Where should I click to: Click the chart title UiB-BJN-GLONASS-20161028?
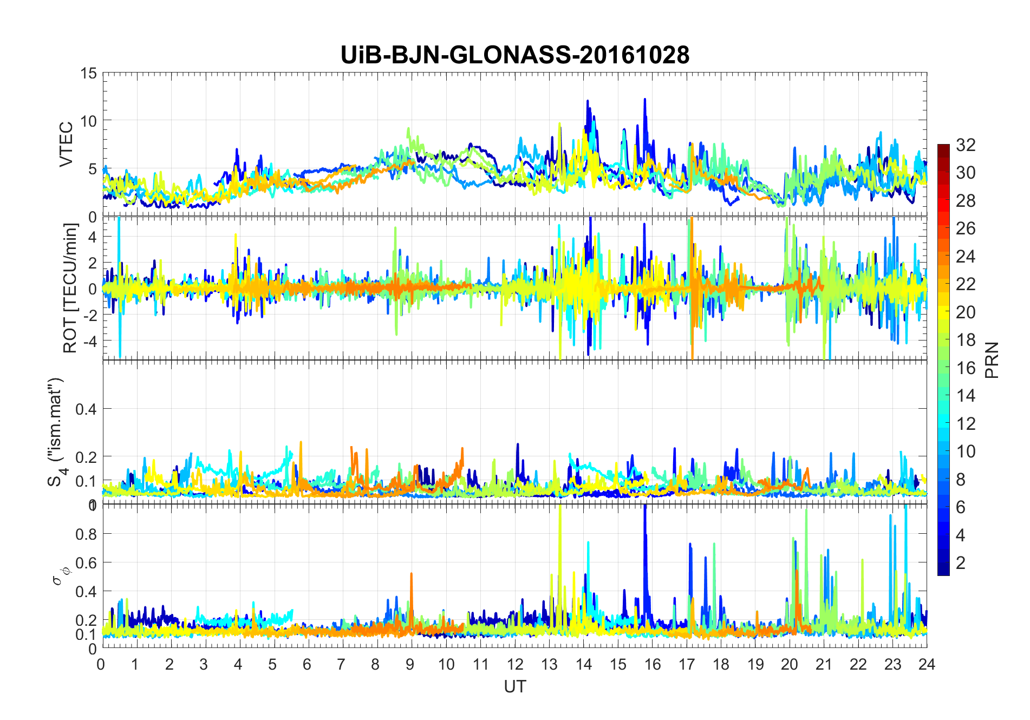514,55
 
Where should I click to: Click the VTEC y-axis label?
66,145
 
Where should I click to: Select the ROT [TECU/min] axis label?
70,288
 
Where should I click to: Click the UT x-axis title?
514,687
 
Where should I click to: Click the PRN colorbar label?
992,360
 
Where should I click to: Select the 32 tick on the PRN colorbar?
966,145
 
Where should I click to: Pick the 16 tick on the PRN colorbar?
966,368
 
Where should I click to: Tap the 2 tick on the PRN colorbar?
961,563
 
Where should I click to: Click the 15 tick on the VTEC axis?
89,73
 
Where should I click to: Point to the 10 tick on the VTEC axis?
89,121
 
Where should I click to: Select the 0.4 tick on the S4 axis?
86,409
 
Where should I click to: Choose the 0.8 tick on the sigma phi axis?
86,534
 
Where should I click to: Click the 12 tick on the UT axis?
515,664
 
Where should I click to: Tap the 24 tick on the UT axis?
927,664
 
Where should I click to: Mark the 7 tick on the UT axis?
341,664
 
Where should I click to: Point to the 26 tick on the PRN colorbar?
966,228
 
